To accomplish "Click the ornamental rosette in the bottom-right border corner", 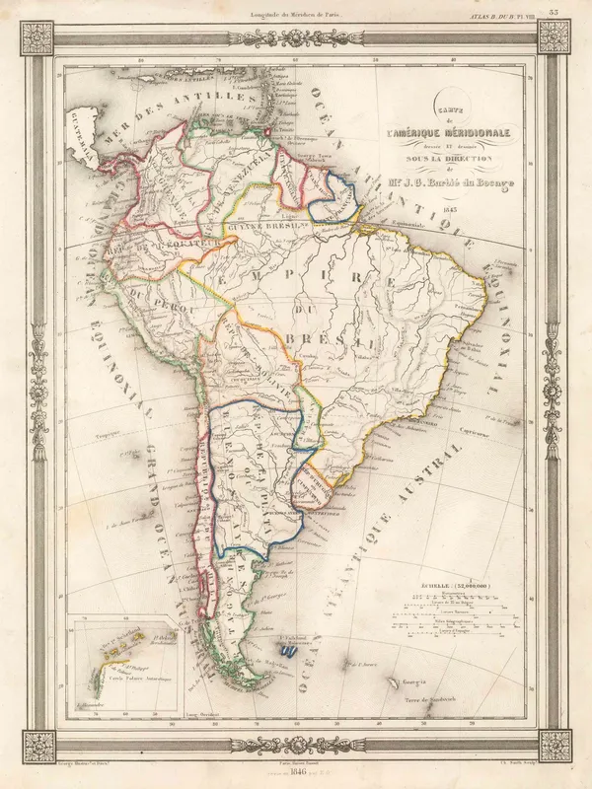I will (x=553, y=745).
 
